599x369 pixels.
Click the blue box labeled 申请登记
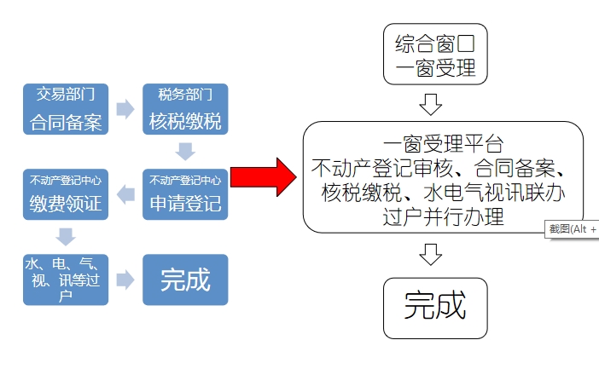click(185, 194)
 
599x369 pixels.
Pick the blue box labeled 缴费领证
click(66, 194)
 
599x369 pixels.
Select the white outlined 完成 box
click(436, 307)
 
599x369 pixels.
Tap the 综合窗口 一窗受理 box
click(436, 55)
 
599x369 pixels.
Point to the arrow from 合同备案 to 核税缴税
click(125, 109)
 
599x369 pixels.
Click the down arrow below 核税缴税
click(185, 152)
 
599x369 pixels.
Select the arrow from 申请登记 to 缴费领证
click(125, 194)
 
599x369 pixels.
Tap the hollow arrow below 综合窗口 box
click(432, 104)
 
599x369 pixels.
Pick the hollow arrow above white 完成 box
click(432, 253)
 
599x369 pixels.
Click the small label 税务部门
click(185, 92)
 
